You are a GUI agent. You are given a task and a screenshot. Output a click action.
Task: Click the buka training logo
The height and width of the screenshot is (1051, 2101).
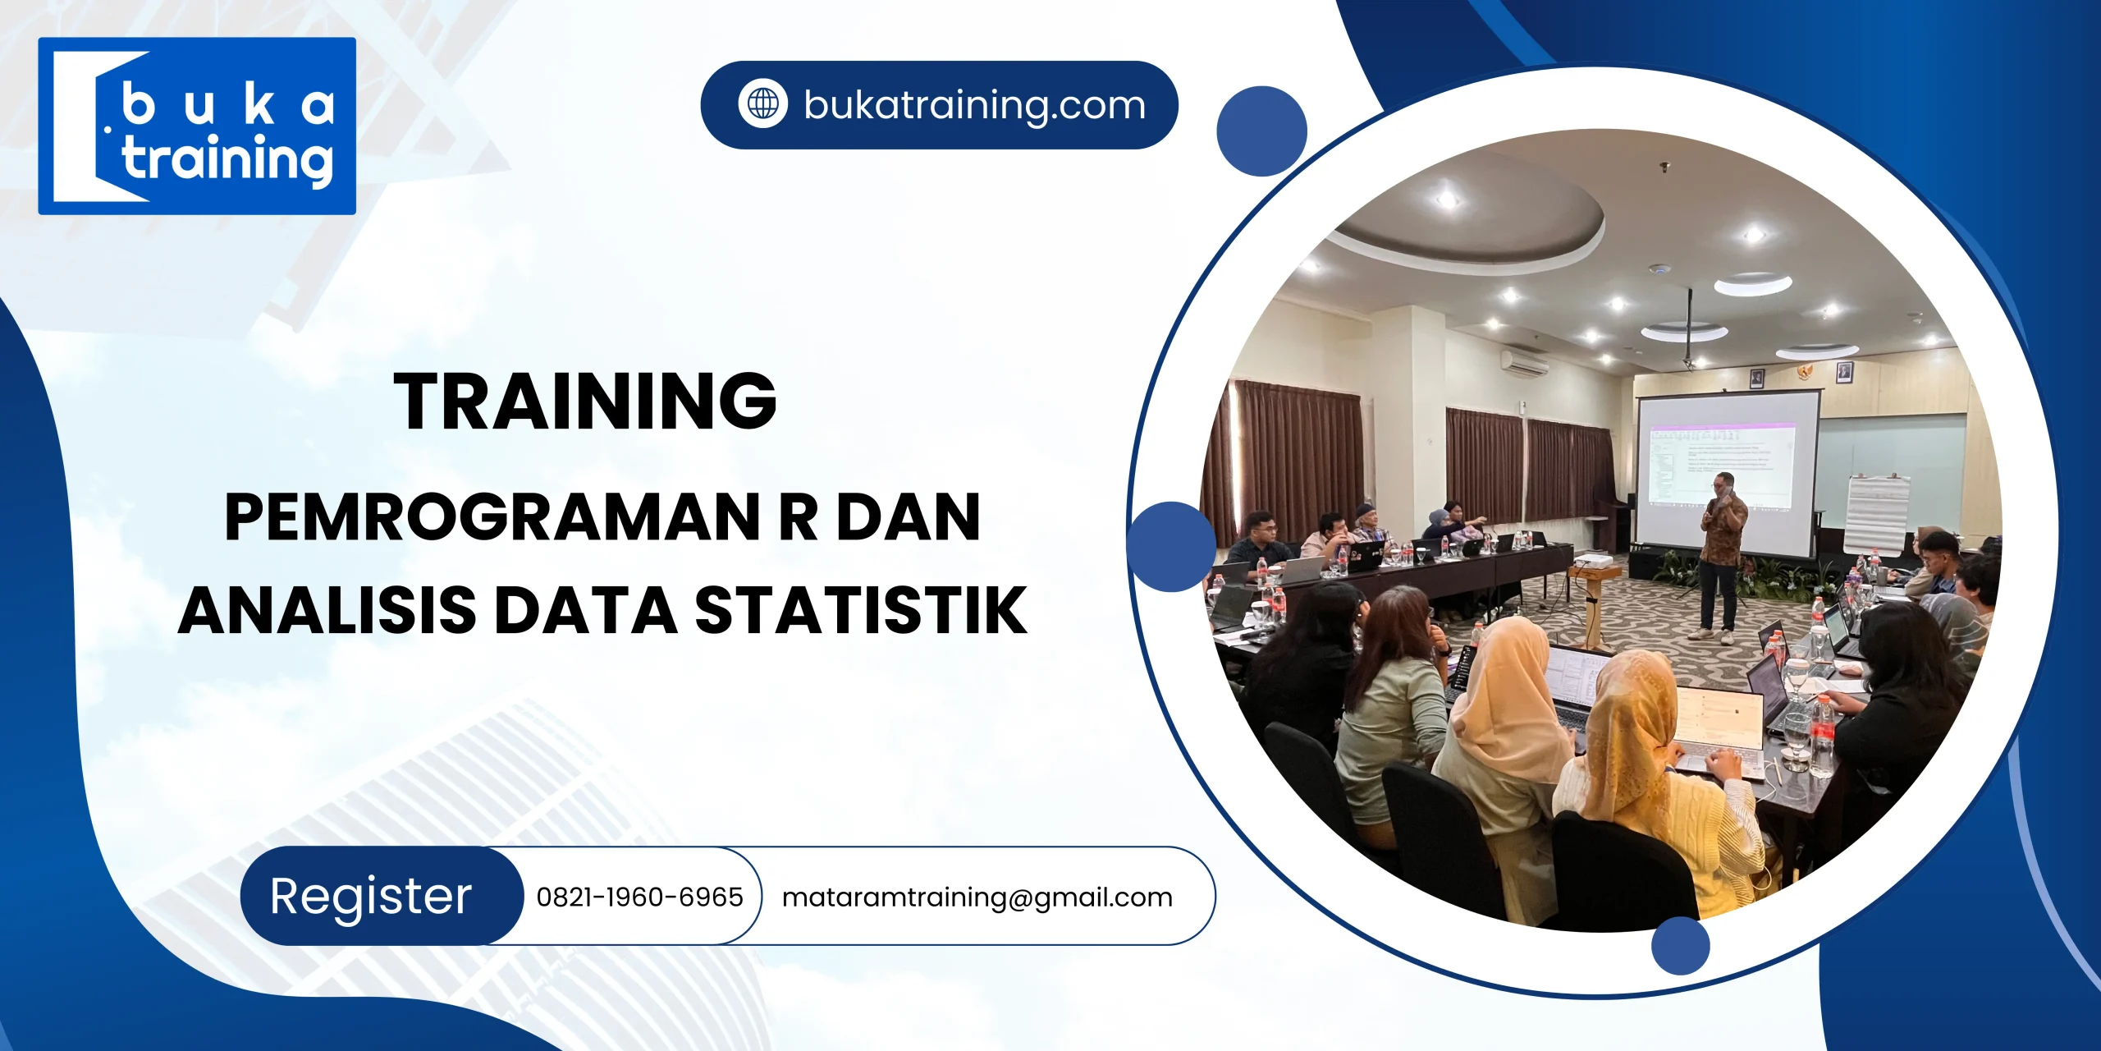[x=197, y=126]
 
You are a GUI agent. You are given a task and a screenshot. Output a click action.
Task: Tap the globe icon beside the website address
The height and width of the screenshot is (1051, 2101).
[x=762, y=104]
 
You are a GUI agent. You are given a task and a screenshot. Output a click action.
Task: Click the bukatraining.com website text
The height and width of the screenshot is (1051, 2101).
[x=974, y=105]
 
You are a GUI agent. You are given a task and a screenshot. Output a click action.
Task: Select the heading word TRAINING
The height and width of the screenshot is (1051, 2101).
[x=584, y=401]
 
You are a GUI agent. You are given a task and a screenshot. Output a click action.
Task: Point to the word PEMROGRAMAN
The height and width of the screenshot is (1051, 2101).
[x=492, y=517]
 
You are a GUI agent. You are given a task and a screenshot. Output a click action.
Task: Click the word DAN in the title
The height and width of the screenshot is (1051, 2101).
[x=909, y=517]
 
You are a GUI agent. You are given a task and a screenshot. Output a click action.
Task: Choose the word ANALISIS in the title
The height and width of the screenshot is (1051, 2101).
[x=327, y=610]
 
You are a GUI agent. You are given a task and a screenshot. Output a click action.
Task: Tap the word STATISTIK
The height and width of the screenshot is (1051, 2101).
[x=861, y=610]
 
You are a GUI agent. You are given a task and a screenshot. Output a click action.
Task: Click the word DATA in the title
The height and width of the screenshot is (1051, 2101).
[x=586, y=610]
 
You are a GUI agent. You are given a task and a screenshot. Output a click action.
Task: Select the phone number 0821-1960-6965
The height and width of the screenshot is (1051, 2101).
[x=639, y=897]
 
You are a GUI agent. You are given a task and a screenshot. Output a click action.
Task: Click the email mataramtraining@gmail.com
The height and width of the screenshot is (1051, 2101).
[x=977, y=897]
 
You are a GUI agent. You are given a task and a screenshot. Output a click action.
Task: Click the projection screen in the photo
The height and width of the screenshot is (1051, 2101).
[x=1723, y=468]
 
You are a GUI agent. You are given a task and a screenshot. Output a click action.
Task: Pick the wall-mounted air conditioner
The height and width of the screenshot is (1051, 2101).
[x=1524, y=362]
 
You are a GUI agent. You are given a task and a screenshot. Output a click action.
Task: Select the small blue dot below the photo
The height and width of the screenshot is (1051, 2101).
[x=1680, y=946]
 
